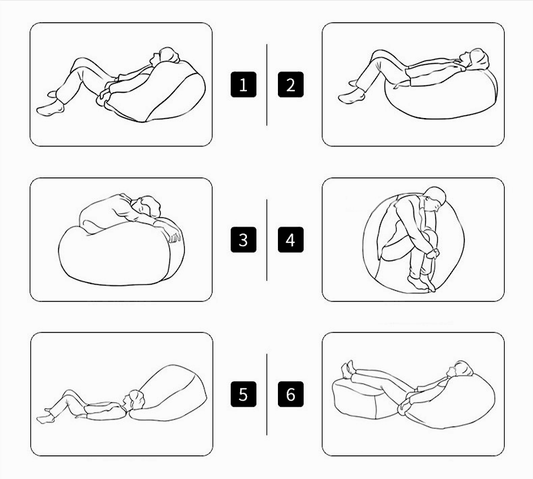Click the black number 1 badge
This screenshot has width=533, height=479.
coord(244,84)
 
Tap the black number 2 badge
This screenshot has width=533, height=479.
coord(291,84)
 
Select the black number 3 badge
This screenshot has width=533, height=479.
coord(244,239)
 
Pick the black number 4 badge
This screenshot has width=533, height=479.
coord(291,239)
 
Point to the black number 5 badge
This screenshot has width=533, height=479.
coord(244,395)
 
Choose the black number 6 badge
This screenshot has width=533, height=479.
coord(291,395)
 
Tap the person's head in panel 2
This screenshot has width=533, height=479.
coord(474,58)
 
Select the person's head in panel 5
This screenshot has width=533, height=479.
coord(134,400)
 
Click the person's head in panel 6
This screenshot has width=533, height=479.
coord(461,369)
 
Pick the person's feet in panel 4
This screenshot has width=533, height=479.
coord(422,283)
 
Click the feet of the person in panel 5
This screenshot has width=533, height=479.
coord(46,416)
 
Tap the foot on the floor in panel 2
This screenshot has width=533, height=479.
coord(352,97)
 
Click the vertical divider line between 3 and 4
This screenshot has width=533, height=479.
coord(267,240)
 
